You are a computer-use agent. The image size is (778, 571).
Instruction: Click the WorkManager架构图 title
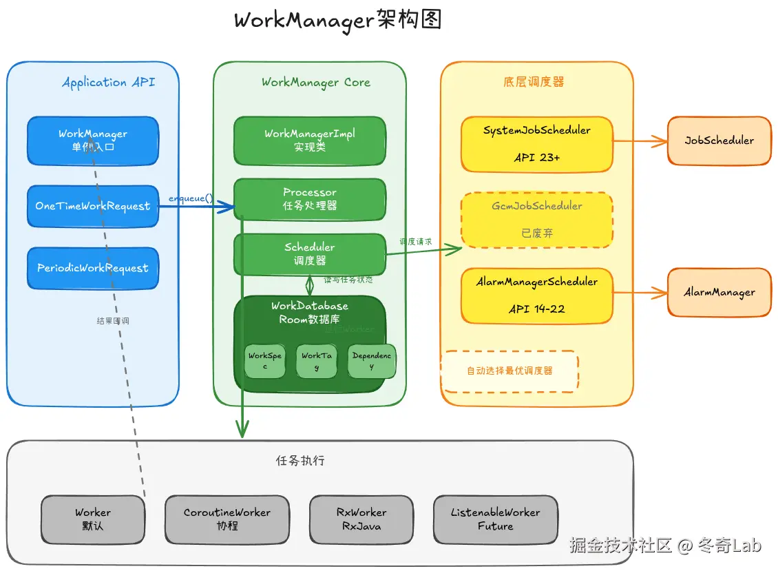337,20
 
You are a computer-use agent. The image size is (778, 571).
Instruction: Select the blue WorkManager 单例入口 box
93,141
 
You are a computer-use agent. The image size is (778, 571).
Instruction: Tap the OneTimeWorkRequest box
93,206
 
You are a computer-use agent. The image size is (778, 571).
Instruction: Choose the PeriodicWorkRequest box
93,268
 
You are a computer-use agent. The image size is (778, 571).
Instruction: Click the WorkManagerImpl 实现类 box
310,141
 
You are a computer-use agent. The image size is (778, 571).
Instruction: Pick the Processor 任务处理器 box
310,199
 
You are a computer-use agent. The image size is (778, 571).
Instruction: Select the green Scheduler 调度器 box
310,254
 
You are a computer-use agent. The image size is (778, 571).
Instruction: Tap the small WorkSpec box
265,362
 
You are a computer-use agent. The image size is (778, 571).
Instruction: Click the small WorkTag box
317,362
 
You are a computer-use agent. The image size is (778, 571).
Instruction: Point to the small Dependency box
372,362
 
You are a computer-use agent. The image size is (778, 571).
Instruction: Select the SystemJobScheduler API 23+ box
537,144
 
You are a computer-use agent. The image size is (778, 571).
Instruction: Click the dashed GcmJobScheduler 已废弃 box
537,220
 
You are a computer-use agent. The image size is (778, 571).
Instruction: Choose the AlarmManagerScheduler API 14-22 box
537,295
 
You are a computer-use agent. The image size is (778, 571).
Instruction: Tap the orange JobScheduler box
719,141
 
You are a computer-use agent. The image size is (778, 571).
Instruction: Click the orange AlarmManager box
719,292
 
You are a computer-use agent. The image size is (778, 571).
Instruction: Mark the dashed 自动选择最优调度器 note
509,371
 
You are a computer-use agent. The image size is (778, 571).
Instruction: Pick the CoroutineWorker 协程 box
227,519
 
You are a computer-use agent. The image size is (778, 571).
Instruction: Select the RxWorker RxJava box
361,519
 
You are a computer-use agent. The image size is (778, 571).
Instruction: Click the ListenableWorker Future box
496,519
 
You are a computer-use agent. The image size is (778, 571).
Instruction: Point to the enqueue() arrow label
191,198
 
